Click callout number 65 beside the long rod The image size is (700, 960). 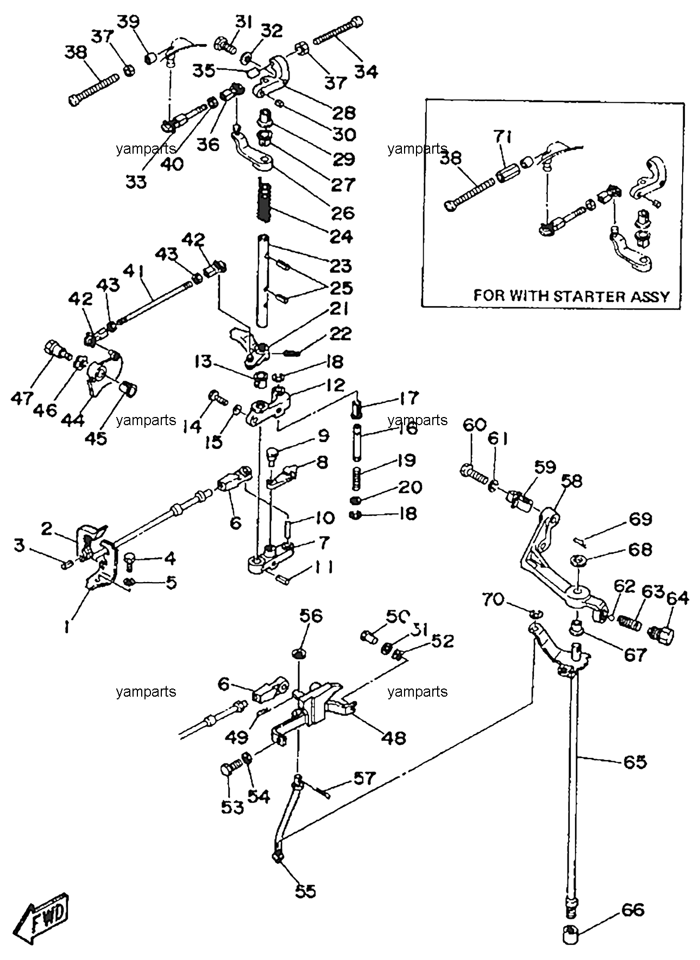634,762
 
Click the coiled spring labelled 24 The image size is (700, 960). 264,202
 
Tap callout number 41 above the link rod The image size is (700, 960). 135,270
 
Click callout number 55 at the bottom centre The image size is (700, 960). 306,890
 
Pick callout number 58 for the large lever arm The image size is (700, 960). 571,481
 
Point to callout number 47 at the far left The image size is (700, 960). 22,398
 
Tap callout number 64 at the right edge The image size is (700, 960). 678,598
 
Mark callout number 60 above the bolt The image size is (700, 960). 474,425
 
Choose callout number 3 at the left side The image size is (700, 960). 20,545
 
